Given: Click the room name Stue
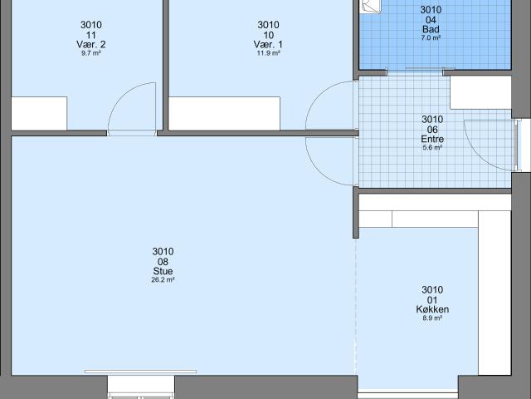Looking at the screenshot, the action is [163, 271].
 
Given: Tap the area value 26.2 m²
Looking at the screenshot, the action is [163, 280].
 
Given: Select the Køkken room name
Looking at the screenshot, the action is [432, 309].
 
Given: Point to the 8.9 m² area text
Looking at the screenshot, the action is [432, 318].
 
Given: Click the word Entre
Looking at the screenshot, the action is [432, 139].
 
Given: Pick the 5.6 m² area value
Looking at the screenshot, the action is [432, 148].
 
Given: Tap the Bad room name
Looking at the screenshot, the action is [431, 29].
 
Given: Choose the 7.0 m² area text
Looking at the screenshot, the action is [431, 38].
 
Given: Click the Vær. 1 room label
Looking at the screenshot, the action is [268, 44].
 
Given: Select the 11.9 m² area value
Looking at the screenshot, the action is [268, 53].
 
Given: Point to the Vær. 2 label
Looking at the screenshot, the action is [91, 44].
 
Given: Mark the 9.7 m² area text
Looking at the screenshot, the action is [91, 53].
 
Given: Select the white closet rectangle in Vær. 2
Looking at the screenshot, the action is [39, 113].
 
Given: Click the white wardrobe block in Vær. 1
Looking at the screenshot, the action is [224, 113].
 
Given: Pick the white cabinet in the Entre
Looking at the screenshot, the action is [480, 92].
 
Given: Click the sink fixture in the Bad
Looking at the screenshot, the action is [372, 6].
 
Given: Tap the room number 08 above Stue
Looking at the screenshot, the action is [163, 262].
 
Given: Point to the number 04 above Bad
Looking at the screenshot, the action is [431, 20].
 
